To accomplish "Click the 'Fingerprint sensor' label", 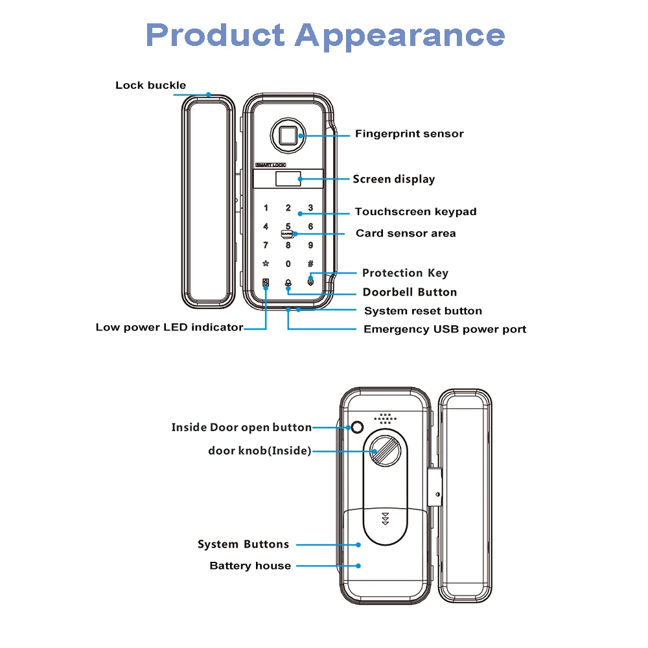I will pyautogui.click(x=409, y=134).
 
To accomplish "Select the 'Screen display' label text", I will pyautogui.click(x=393, y=179).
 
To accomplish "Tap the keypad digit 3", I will pyautogui.click(x=310, y=208).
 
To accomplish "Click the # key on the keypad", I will pyautogui.click(x=310, y=264).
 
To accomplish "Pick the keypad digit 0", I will pyautogui.click(x=288, y=264).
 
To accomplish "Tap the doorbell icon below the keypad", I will pyautogui.click(x=288, y=283).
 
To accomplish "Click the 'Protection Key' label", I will pyautogui.click(x=405, y=273).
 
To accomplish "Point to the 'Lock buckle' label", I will pyautogui.click(x=150, y=86).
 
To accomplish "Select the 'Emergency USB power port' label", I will pyautogui.click(x=445, y=329).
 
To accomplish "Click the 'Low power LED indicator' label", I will pyautogui.click(x=169, y=327).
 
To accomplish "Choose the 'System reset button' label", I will pyautogui.click(x=422, y=311).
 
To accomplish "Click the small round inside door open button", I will pyautogui.click(x=356, y=428).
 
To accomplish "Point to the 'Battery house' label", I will pyautogui.click(x=250, y=566).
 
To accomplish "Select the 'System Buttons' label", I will pyautogui.click(x=243, y=544).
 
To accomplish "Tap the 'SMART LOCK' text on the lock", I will pyautogui.click(x=271, y=165).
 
